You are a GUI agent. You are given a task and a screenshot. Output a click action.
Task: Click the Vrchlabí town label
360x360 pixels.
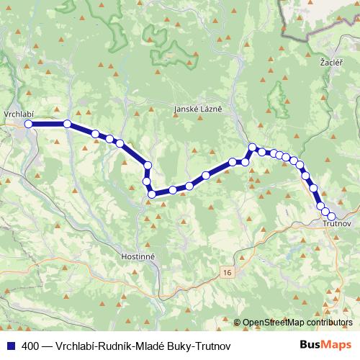click(x=19, y=114)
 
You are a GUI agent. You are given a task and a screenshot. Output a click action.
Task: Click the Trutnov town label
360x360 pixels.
click(x=336, y=225)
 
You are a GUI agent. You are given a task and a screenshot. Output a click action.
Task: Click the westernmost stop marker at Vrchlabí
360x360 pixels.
click(x=30, y=124)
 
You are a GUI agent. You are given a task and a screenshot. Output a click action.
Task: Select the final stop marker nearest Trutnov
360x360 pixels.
click(x=332, y=217)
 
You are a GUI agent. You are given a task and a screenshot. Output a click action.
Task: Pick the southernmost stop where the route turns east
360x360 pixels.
click(x=152, y=194)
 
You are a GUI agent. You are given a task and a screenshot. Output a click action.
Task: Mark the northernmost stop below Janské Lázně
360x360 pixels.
click(x=253, y=148)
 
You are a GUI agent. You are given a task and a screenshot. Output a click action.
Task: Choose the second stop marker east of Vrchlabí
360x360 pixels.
click(x=95, y=133)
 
